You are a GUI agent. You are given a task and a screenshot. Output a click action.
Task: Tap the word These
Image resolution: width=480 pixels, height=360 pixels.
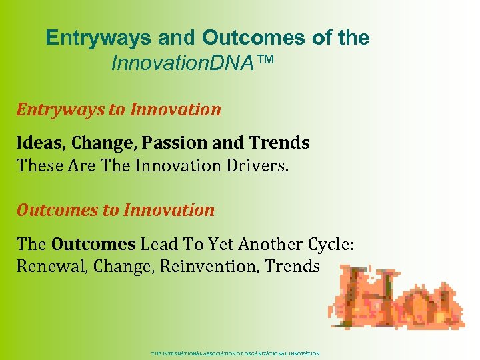point(40,165)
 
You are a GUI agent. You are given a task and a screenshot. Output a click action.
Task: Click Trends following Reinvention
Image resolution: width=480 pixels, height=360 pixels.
point(293,266)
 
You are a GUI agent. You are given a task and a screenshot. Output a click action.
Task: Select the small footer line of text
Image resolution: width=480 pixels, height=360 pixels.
point(236,353)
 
